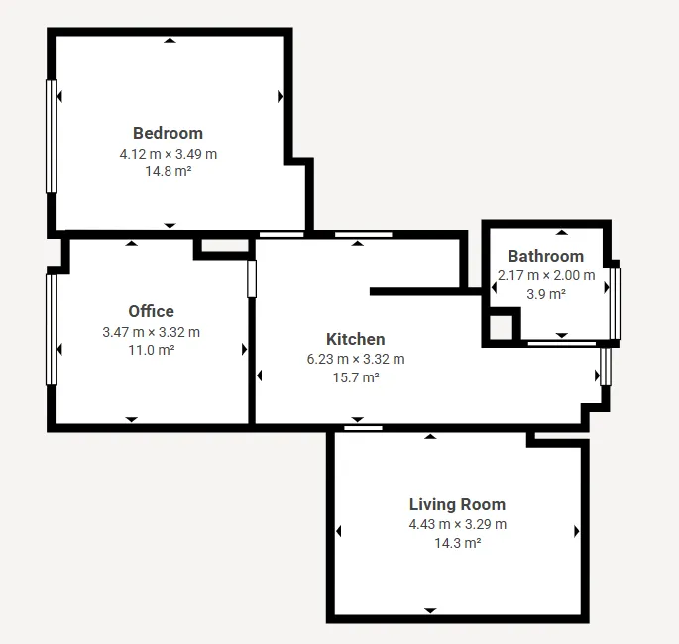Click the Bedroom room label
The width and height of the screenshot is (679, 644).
tap(169, 133)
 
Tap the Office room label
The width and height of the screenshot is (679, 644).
tap(151, 311)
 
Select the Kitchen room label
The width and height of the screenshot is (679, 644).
tap(356, 339)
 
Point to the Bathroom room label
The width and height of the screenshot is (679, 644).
tap(545, 256)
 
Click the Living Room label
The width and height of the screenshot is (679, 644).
tap(457, 504)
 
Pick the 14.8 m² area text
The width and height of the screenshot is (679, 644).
tap(169, 171)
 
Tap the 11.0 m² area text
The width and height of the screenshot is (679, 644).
tap(151, 350)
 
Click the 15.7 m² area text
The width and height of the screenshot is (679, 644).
tap(356, 377)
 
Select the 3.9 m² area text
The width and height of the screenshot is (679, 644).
tap(545, 294)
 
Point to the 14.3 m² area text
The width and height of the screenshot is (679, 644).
tap(457, 543)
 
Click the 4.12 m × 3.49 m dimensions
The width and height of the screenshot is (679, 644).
tap(169, 154)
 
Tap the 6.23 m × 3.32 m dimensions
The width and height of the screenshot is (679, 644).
tap(356, 359)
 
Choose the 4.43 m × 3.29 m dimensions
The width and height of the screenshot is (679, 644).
tap(457, 524)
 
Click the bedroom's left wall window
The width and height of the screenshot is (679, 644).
tap(52, 137)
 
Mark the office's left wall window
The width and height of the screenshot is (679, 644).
tap(52, 330)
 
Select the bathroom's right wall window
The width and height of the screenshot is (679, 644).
tap(615, 304)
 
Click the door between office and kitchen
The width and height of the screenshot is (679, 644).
tap(252, 278)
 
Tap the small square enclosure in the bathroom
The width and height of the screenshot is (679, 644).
tap(501, 327)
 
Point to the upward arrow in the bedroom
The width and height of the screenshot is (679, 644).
tap(170, 41)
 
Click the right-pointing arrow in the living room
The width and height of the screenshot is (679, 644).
tap(576, 531)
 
